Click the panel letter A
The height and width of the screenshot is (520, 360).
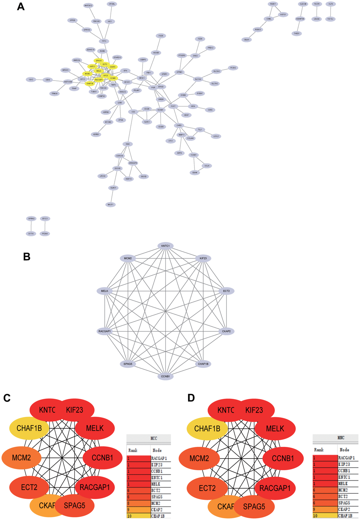coord(21,7)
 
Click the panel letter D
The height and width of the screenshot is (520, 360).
coord(191,398)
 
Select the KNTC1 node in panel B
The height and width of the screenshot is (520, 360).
coord(166,246)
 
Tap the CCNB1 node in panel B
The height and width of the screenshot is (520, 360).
coord(166,376)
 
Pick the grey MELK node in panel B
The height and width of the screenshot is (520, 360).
coord(105,291)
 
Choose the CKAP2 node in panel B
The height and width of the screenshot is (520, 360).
coord(226,331)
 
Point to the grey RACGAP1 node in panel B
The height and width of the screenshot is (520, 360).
coord(105,331)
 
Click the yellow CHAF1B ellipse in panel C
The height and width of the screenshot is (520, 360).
coord(29,429)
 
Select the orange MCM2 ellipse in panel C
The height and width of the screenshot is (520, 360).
coord(22,458)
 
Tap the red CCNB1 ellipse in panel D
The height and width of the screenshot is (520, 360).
coord(283,459)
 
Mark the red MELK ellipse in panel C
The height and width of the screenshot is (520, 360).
coord(95,429)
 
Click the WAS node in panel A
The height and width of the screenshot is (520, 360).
coord(128,144)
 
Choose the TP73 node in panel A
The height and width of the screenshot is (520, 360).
coord(104,41)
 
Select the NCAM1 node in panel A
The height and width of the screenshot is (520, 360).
coord(161,110)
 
